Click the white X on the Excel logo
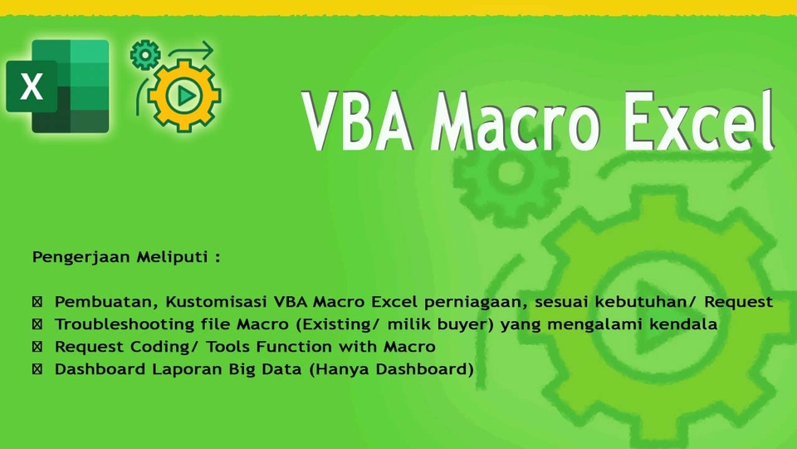click(31, 86)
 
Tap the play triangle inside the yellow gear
click(185, 95)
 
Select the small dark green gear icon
click(145, 55)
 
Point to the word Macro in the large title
click(515, 121)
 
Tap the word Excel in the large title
click(698, 119)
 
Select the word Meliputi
click(173, 257)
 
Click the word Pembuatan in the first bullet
click(106, 302)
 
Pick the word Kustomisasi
click(217, 302)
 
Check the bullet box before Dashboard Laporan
click(37, 369)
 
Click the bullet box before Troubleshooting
click(37, 324)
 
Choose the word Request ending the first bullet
click(738, 303)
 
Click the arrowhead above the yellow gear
click(208, 52)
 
